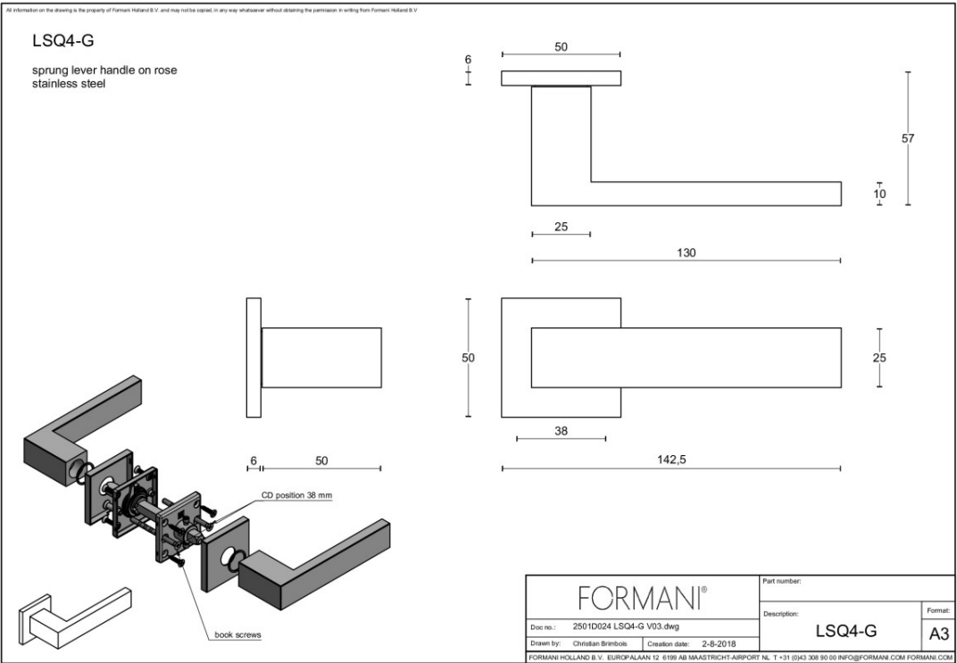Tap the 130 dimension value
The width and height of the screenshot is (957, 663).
click(x=686, y=253)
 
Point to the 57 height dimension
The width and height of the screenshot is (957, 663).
click(x=908, y=138)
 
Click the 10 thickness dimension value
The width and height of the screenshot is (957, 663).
click(x=879, y=194)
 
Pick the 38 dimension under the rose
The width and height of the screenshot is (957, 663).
click(x=561, y=430)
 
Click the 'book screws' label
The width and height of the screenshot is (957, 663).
click(x=237, y=635)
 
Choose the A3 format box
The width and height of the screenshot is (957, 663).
click(x=936, y=634)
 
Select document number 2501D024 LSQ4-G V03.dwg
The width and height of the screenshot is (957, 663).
click(x=625, y=626)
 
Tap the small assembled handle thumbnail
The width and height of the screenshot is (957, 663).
click(x=74, y=617)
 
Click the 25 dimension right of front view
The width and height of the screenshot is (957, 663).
click(x=879, y=358)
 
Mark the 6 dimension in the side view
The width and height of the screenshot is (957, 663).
click(x=254, y=460)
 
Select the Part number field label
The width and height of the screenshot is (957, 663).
click(x=782, y=581)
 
